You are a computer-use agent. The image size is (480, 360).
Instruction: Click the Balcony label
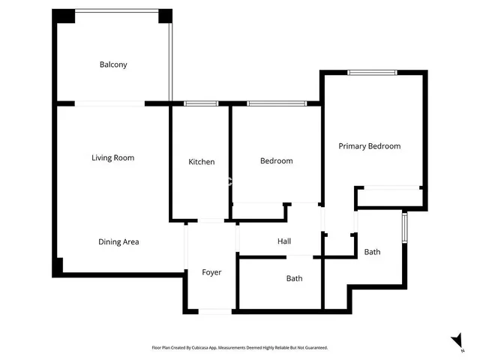click(113, 64)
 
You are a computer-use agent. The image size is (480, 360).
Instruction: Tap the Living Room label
click(113, 157)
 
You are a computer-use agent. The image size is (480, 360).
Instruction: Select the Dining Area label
click(118, 241)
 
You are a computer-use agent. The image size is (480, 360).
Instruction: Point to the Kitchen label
click(202, 162)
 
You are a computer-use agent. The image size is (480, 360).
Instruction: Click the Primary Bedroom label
click(370, 146)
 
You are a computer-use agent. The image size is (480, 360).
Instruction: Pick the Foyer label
click(211, 272)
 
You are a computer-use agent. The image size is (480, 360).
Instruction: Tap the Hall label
click(284, 241)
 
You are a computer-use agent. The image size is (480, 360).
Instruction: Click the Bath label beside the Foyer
click(294, 278)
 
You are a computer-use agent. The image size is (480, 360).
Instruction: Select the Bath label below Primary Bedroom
click(372, 252)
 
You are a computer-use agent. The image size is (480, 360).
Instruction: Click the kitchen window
click(201, 103)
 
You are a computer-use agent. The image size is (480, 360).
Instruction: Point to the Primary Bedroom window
click(372, 73)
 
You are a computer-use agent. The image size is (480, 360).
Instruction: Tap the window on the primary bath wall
click(405, 228)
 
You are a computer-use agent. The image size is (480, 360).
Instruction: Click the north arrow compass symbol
click(457, 340)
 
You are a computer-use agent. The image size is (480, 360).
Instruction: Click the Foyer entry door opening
click(215, 312)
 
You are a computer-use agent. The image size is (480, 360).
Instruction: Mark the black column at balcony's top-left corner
click(64, 16)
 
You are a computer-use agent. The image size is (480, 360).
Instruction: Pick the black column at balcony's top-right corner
click(165, 16)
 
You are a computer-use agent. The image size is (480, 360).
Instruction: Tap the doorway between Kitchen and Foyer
click(211, 220)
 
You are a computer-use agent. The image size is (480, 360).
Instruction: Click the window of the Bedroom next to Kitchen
click(277, 103)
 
